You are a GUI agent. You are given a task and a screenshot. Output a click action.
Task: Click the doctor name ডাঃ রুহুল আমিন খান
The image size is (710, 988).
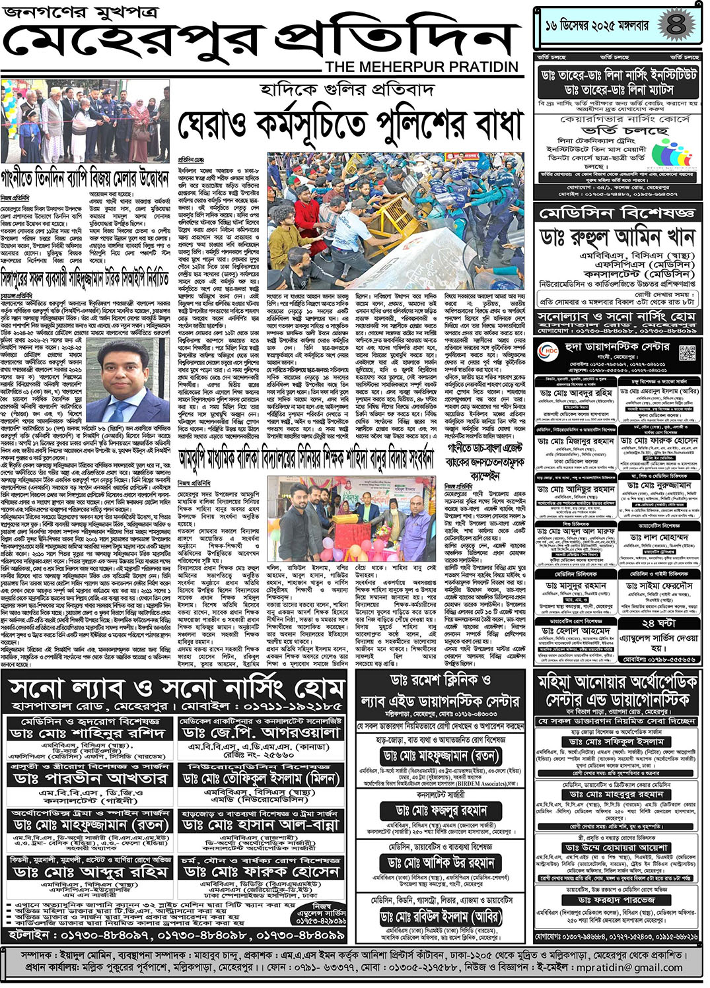tap(617, 237)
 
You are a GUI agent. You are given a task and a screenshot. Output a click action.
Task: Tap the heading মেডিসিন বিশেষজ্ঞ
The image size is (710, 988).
tap(617, 213)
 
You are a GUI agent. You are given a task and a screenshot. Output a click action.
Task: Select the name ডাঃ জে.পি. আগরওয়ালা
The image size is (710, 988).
tap(262, 733)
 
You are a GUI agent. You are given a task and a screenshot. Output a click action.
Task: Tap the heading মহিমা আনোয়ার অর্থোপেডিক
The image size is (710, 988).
tap(617, 681)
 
